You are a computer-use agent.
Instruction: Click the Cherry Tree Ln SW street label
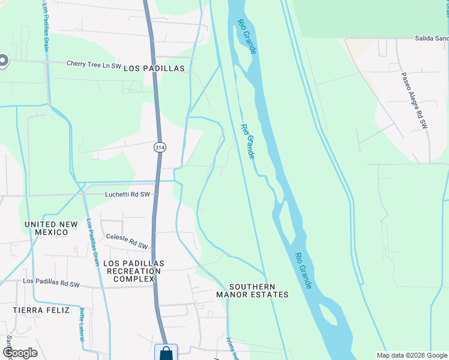94,63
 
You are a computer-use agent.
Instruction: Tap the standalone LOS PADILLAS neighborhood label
154,68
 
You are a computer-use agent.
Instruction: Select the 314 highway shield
159,147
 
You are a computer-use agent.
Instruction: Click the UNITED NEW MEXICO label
51,228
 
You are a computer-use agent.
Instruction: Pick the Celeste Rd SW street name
127,241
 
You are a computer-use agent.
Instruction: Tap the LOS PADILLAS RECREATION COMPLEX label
134,271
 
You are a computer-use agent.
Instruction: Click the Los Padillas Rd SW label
51,283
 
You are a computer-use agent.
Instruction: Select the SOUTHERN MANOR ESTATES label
252,290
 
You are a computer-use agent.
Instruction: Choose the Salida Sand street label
432,38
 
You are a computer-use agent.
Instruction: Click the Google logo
19,353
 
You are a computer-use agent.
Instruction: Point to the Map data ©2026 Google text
412,355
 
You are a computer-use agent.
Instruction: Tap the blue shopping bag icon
166,353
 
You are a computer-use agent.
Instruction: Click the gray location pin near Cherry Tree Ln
2,61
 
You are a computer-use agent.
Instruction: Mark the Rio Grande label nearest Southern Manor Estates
303,270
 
